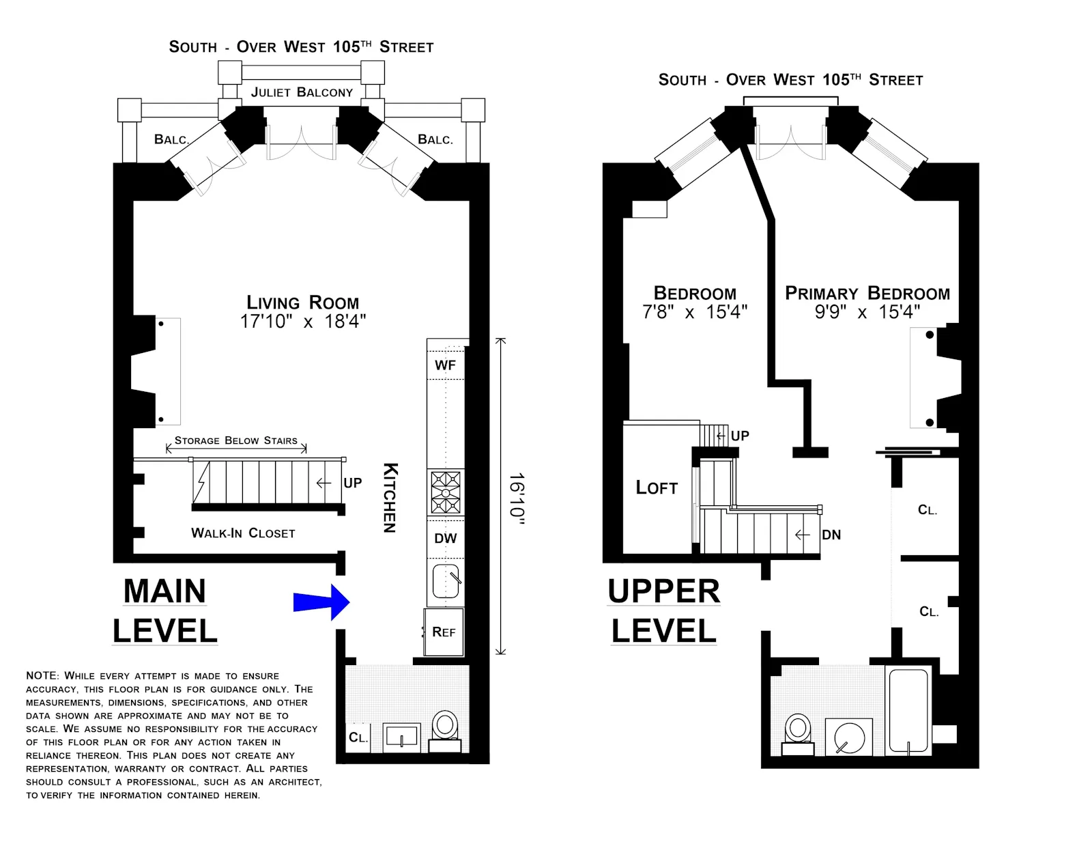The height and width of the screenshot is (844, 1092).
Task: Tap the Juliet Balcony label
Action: point(302,92)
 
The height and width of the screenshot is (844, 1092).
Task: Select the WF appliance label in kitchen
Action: point(445,365)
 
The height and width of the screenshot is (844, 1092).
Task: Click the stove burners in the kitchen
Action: point(446,492)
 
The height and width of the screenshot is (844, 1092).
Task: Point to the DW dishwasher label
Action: point(446,538)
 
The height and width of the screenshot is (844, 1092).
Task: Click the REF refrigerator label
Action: point(444,632)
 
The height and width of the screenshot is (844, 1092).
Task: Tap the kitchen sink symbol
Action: point(446,581)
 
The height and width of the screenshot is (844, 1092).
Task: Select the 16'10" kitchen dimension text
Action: point(517,499)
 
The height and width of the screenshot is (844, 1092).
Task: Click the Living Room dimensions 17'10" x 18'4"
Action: point(302,322)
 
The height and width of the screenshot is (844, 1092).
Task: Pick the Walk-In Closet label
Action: point(243,533)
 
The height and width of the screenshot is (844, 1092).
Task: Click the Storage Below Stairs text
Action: point(236,440)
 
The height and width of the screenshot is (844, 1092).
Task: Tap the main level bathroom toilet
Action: point(445,727)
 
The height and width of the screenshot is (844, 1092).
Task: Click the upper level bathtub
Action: point(908,710)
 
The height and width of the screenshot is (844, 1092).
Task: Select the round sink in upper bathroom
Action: point(850,738)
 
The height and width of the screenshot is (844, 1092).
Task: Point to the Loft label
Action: point(657,488)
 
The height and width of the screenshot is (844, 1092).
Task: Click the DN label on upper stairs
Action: point(831,535)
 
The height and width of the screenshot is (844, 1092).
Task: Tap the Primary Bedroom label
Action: point(867,293)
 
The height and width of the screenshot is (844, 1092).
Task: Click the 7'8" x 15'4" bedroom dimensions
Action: point(695,312)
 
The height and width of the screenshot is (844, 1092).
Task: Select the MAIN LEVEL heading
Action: point(164,610)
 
